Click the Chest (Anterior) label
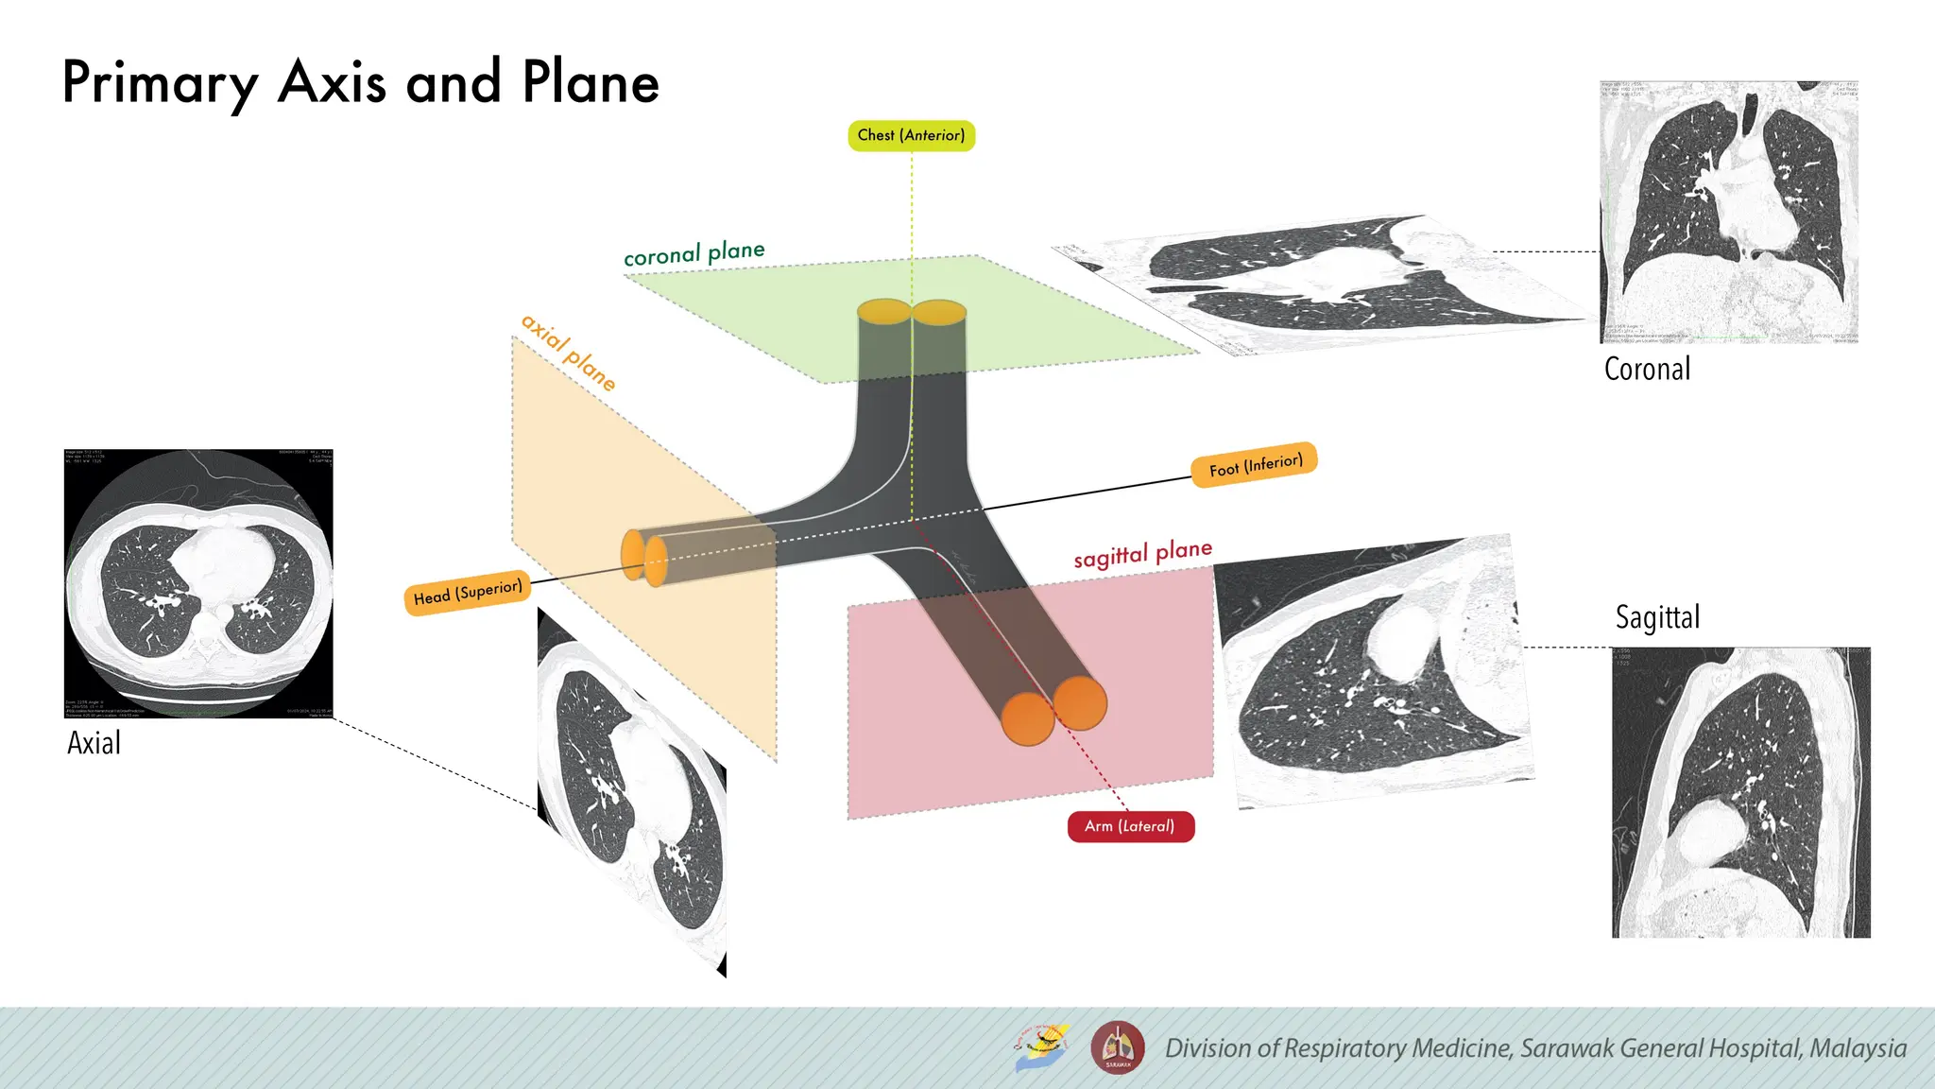[x=911, y=135]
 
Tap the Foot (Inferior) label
[x=1255, y=465]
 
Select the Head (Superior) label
[x=468, y=593]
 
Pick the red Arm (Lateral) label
[x=1130, y=826]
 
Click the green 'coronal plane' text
[x=694, y=253]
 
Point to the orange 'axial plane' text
[x=569, y=353]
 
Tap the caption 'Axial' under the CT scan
[x=94, y=743]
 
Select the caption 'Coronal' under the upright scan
[x=1647, y=369]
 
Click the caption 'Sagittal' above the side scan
[x=1657, y=617]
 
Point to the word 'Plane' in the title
[x=591, y=82]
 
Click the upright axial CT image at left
[x=198, y=583]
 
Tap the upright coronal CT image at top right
[x=1729, y=212]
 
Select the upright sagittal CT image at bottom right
[x=1740, y=792]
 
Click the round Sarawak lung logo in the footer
[x=1118, y=1047]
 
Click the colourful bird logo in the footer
[x=1042, y=1047]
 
